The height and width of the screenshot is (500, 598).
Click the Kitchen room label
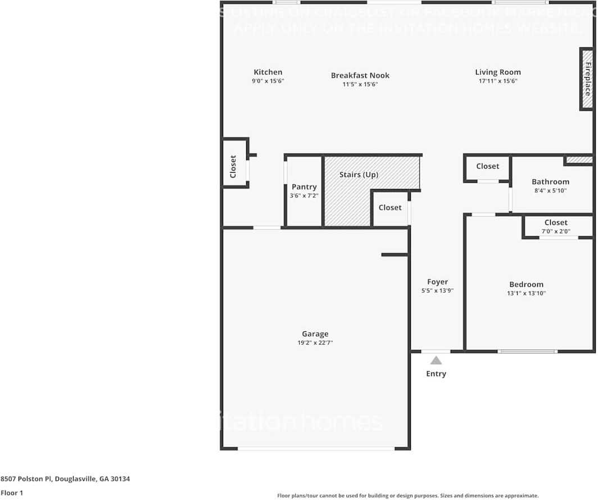pos(268,72)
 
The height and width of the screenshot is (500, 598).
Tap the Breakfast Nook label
pos(360,75)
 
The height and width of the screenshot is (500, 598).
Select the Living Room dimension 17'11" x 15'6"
pos(497,81)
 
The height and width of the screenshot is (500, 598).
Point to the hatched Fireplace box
pos(587,79)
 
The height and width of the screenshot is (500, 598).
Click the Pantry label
pos(304,187)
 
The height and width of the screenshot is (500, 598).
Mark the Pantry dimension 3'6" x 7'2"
pos(304,196)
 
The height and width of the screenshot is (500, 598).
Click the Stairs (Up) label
pos(359,175)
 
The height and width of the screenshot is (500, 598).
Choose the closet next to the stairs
pos(389,208)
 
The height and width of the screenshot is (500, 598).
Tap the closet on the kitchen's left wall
pos(233,166)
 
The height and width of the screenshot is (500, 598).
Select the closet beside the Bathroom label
pos(487,166)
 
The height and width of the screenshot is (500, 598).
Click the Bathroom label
pos(550,182)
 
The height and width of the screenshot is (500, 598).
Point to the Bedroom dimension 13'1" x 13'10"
pos(527,293)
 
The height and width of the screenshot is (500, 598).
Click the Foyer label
pos(437,282)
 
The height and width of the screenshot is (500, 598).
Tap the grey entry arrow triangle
pos(436,361)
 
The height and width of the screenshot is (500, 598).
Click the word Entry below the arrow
pos(436,373)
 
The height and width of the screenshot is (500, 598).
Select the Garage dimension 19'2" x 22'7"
pos(315,343)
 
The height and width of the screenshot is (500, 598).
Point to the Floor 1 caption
pos(12,493)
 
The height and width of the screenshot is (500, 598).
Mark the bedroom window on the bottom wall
pos(527,352)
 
